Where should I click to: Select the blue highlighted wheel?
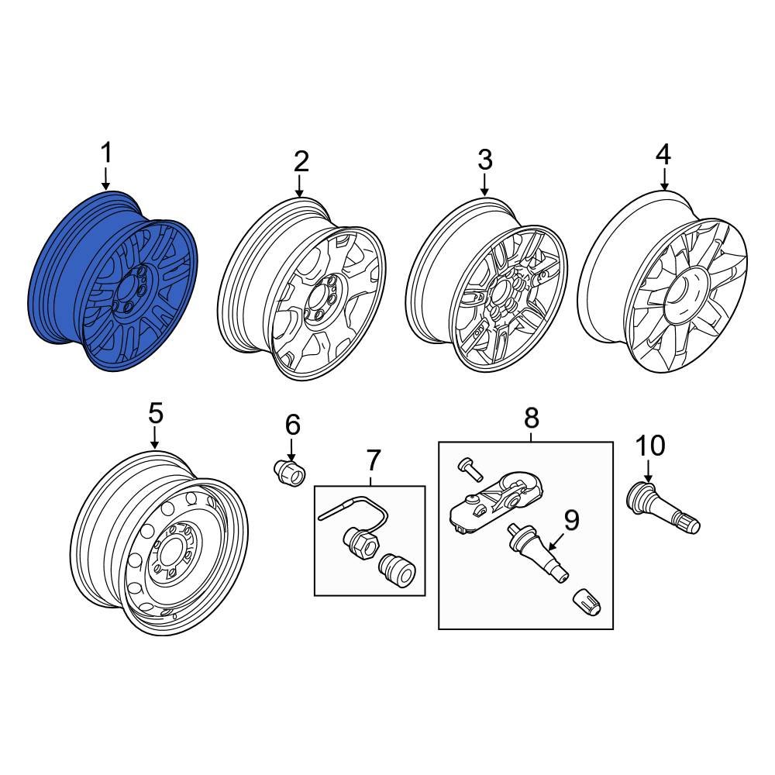(116, 283)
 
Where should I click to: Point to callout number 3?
(484, 160)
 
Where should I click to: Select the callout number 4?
(663, 154)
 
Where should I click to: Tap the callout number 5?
(156, 414)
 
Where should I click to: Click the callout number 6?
(292, 425)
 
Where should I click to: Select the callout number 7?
(374, 460)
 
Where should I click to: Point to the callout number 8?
(531, 418)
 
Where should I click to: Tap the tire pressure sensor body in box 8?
(496, 504)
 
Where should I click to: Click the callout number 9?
(571, 520)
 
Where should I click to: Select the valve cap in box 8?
(585, 602)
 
